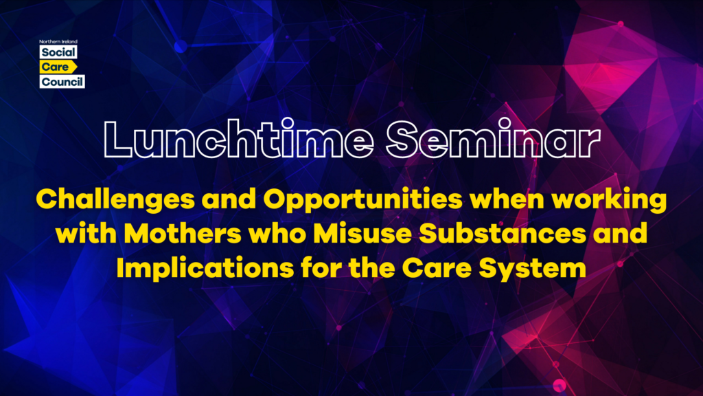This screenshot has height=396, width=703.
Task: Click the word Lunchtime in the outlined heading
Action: [x=238, y=139]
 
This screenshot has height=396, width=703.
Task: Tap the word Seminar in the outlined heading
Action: [x=493, y=139]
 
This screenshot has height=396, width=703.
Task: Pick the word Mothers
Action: [x=183, y=234]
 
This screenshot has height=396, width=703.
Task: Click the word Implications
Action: [x=205, y=269]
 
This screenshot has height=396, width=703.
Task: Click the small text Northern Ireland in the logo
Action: [x=58, y=42]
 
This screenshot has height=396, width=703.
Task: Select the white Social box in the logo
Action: [x=58, y=52]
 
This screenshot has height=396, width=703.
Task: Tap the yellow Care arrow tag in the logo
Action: [x=58, y=67]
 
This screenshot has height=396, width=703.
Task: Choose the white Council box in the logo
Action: [x=62, y=82]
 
